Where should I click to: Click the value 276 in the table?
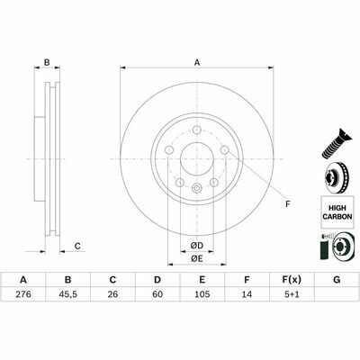23,294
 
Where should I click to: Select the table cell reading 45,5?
67,294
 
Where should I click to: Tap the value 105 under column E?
202,294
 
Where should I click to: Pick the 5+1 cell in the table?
292,294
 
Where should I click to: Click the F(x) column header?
292,280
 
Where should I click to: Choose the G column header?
337,280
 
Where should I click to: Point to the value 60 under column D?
157,294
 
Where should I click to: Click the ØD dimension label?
197,246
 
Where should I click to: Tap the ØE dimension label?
197,258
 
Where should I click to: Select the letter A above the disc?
197,63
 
